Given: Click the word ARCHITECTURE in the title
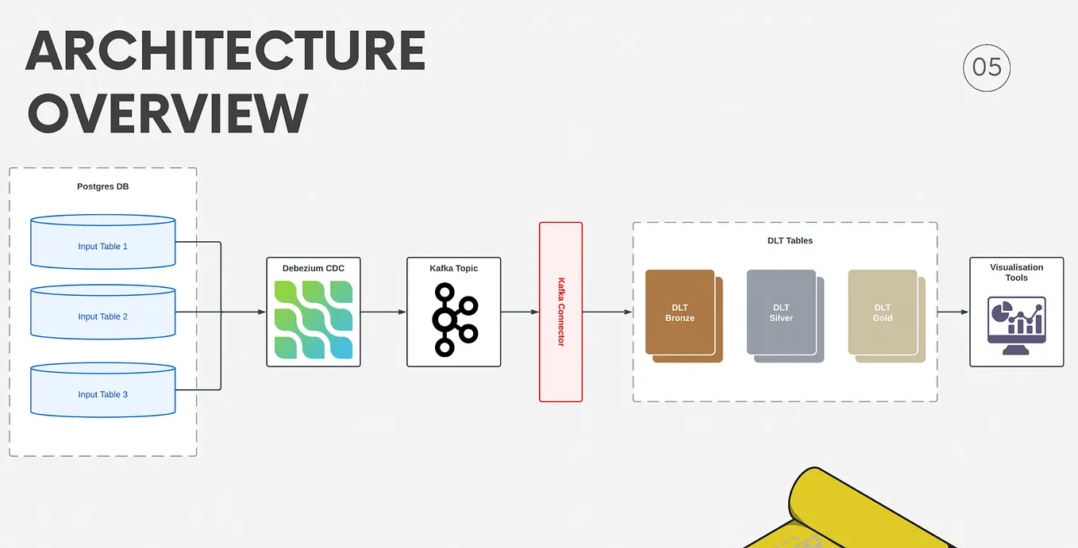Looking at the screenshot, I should pyautogui.click(x=225, y=52).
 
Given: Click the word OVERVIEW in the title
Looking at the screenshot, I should pyautogui.click(x=167, y=113).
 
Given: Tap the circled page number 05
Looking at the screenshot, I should pyautogui.click(x=987, y=67).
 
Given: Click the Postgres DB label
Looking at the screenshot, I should pyautogui.click(x=103, y=187).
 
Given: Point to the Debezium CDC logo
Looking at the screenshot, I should pyautogui.click(x=314, y=320).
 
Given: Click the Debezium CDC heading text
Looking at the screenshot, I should pyautogui.click(x=314, y=268).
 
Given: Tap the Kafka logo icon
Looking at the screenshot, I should pyautogui.click(x=454, y=319).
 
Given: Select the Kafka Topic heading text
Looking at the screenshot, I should pyautogui.click(x=454, y=268).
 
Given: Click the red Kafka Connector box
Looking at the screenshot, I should pyautogui.click(x=560, y=312).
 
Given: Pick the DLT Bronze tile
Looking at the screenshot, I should pyautogui.click(x=680, y=312).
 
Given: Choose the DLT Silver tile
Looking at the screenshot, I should pyautogui.click(x=782, y=312).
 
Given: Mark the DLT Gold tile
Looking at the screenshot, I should pyautogui.click(x=883, y=312).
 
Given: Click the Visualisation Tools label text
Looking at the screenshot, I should pyautogui.click(x=1016, y=272).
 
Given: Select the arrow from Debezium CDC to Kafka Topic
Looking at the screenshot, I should pyautogui.click(x=383, y=312).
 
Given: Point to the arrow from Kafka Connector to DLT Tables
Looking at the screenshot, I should pyautogui.click(x=607, y=312).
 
